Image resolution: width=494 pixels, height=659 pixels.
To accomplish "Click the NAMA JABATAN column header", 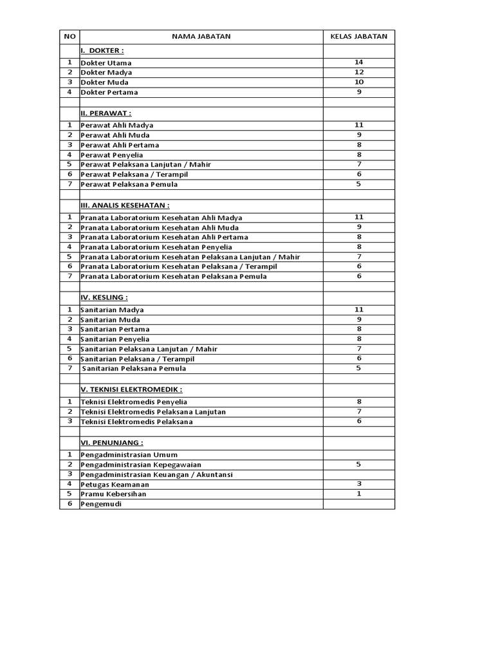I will pos(201,37).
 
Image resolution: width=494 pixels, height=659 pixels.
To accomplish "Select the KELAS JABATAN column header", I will pos(359,37).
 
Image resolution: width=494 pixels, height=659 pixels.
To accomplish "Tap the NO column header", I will pos(69,37).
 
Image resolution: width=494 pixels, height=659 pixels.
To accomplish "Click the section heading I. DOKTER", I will pos(102,50).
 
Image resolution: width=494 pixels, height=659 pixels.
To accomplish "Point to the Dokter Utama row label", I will pos(106,63).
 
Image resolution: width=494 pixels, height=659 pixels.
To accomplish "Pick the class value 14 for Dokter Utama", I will pos(359,62).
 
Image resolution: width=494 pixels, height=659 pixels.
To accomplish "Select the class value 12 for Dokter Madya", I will pos(359,72).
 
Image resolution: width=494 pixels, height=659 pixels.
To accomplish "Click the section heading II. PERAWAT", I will pos(106,113).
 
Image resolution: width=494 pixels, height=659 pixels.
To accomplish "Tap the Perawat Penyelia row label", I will pos(112,155).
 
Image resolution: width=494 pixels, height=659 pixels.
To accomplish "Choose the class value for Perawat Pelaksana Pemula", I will pos(359,184).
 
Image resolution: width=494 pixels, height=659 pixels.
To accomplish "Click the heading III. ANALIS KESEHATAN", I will pos(125,205).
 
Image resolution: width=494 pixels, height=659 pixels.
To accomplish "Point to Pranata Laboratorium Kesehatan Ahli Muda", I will pos(160,228).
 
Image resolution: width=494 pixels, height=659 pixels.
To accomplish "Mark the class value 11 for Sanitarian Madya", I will pos(359,310).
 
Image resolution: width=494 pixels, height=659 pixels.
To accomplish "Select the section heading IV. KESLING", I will pos(104,297).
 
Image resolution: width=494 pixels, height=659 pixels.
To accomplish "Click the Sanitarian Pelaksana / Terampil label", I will pos(138,359).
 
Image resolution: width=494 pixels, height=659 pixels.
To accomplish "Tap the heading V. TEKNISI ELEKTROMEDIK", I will pos(131,389).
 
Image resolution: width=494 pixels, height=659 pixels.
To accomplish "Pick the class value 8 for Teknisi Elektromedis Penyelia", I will pos(359,402).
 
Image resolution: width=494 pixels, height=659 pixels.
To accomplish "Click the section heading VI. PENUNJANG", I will pos(112,443).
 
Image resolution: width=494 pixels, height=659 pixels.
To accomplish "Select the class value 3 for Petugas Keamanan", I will pos(359,484).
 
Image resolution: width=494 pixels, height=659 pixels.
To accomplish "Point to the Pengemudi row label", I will pos(101,505).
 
